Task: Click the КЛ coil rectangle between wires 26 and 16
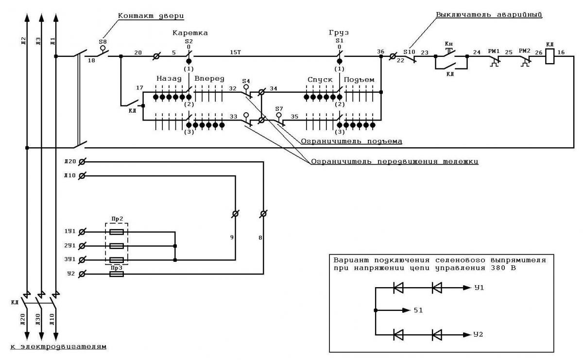point(549,56)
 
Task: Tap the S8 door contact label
point(103,42)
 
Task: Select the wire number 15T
point(235,52)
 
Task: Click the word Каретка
point(190,33)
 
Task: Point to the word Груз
point(339,33)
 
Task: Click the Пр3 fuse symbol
point(117,274)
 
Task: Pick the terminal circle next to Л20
point(82,162)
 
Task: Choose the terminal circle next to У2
point(82,274)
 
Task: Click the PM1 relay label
point(494,51)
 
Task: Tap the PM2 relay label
point(524,51)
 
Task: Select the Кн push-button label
point(449,44)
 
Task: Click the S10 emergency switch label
point(409,52)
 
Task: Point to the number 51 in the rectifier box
point(418,310)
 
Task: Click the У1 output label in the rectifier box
point(479,288)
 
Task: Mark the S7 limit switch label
point(279,108)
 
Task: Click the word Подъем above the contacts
point(359,80)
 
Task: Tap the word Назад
point(169,79)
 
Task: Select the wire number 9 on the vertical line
point(232,238)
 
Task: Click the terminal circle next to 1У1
point(82,232)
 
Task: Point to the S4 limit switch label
point(246,81)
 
